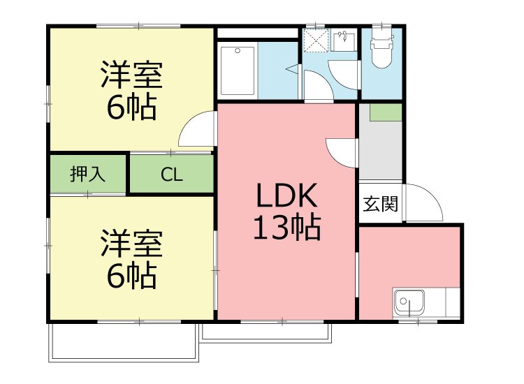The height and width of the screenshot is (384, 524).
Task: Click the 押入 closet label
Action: (x=87, y=174)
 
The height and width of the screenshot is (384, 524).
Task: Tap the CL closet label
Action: (x=172, y=175)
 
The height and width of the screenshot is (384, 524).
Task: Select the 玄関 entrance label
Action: (x=380, y=204)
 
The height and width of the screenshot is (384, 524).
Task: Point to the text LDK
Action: (x=286, y=198)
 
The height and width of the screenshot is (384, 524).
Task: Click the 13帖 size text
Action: (x=286, y=228)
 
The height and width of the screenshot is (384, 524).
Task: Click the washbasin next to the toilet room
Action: (x=343, y=41)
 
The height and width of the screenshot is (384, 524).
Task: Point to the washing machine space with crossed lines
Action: (x=316, y=40)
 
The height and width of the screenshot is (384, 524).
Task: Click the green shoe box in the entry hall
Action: (x=385, y=112)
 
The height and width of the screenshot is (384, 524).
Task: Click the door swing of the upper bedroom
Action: (x=197, y=131)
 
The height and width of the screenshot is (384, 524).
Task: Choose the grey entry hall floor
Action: (x=381, y=150)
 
